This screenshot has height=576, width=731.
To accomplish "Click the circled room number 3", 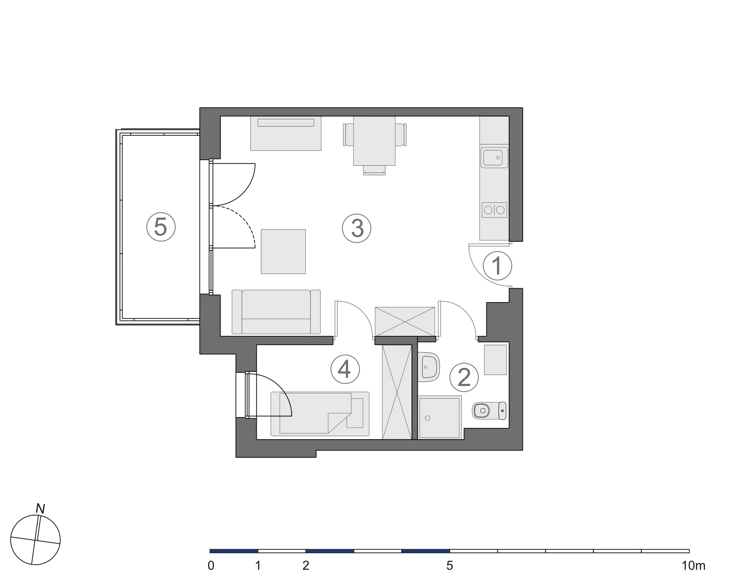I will coord(356,228).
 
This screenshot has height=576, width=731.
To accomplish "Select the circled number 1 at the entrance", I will coord(497,266).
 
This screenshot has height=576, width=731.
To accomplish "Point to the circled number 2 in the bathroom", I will coord(464,377).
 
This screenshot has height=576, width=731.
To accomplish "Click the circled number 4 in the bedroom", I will coord(345,369).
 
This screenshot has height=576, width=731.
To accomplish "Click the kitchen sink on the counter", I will coord(494,157).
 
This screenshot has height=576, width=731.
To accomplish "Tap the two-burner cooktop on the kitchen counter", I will coord(494,210).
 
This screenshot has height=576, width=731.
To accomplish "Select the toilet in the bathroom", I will coord(489,410).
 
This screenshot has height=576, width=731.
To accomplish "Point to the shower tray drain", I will coord(428,418).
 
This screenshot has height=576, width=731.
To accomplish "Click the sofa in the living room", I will coord(276,312).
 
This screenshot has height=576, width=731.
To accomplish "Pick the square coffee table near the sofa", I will coord(283,252).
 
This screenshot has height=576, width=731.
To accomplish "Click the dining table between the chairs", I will coord(374,141).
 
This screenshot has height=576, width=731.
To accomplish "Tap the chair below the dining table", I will coord(374,170).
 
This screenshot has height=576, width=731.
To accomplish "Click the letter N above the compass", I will coord(40,508).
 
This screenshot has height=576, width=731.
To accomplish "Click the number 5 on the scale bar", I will coord(449,565).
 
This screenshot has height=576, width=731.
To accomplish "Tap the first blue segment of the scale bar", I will coord(234,551).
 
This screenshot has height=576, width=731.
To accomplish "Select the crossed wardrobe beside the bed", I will coord(397,392).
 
